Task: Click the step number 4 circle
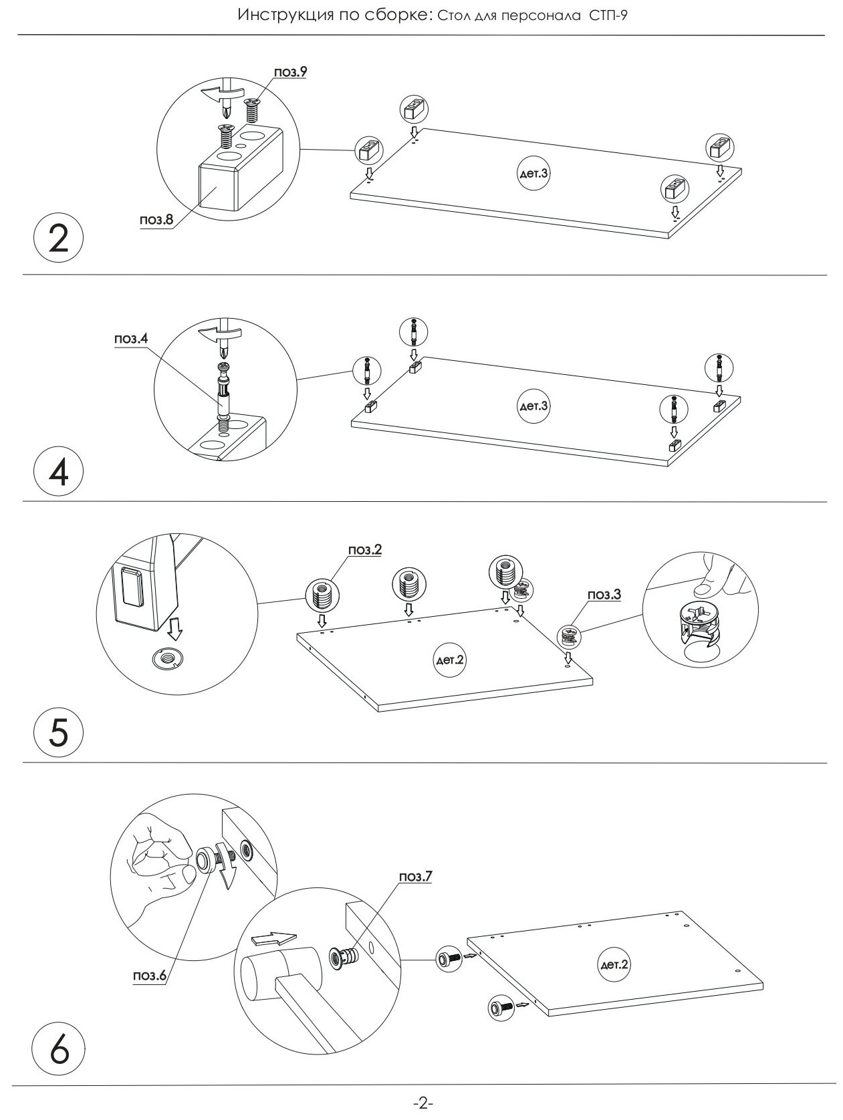[59, 470]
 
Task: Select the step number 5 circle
[59, 732]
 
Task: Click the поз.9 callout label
[290, 72]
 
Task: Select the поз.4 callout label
[130, 339]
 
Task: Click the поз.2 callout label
[365, 549]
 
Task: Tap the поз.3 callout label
[604, 593]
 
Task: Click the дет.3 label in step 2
[533, 173]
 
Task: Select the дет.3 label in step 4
[533, 406]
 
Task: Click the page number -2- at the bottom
[422, 1103]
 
